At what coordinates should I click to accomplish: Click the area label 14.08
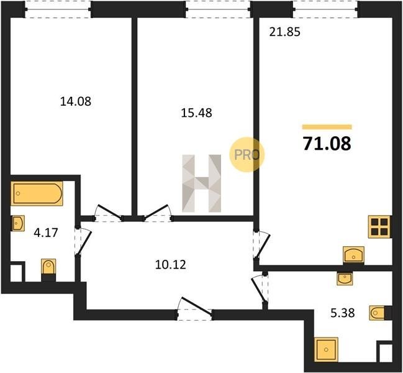click(76, 101)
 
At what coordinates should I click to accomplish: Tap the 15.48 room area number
click(197, 113)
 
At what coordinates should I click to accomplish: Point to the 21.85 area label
click(285, 32)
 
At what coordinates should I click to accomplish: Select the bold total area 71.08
click(327, 144)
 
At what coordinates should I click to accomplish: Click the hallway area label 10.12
click(170, 264)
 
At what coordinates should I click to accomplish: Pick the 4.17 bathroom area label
click(46, 233)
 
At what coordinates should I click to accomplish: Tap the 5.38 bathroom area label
click(343, 313)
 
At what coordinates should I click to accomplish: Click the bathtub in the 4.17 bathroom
click(37, 193)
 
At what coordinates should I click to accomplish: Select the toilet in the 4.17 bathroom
click(48, 270)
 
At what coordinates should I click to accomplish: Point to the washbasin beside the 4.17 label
click(18, 223)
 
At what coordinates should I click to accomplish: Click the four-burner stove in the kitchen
click(380, 227)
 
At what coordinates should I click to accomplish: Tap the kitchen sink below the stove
click(354, 255)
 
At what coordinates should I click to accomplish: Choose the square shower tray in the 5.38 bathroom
click(326, 349)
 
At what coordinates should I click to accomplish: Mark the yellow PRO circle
click(247, 154)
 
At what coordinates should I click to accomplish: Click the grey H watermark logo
click(201, 183)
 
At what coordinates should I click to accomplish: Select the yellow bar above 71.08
click(327, 127)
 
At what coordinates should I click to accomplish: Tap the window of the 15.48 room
click(218, 9)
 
